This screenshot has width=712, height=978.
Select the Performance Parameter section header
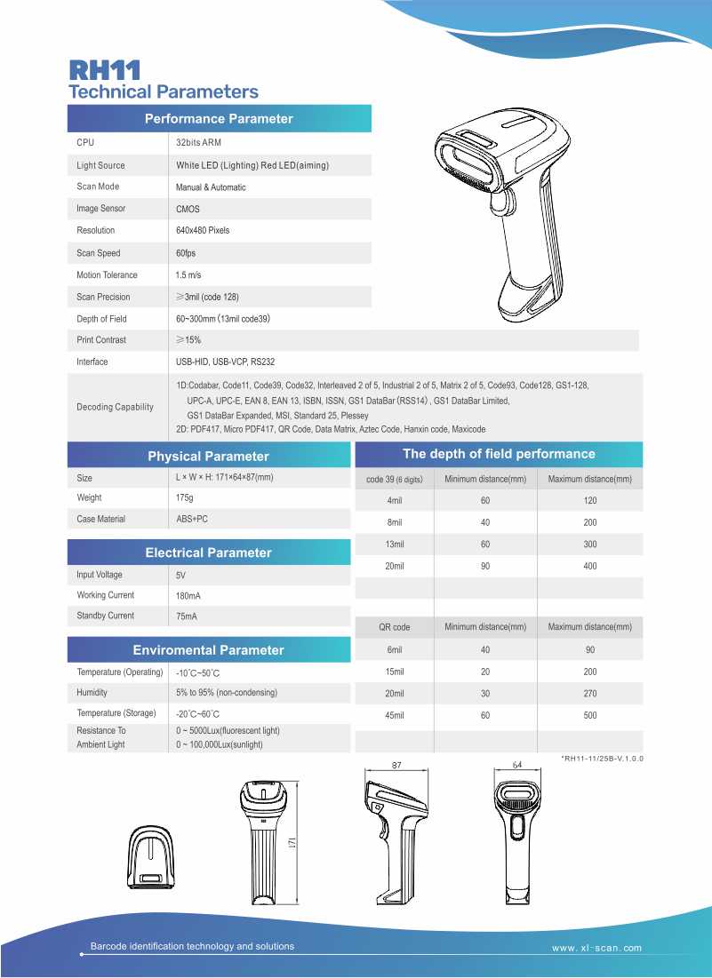[219, 118]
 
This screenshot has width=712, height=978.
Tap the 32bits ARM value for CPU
[198, 142]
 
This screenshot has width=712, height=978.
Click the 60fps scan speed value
[187, 253]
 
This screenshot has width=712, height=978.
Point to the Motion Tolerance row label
[107, 275]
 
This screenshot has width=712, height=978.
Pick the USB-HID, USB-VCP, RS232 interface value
[225, 362]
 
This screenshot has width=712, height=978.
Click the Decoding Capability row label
[115, 407]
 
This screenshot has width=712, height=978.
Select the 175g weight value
[184, 497]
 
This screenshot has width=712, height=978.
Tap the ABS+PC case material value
[192, 519]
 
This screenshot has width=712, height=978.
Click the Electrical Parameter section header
[208, 553]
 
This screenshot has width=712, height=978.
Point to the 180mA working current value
[189, 595]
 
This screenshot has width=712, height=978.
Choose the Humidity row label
[92, 692]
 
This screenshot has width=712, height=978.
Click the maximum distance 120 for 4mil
[590, 501]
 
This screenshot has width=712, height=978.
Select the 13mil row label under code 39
[395, 544]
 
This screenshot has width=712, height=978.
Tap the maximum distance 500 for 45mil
[590, 715]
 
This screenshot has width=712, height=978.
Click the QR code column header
[395, 627]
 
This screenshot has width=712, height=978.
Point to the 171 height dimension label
[292, 840]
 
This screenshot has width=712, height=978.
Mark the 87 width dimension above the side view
[396, 764]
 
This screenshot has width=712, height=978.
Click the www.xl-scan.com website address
[596, 948]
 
